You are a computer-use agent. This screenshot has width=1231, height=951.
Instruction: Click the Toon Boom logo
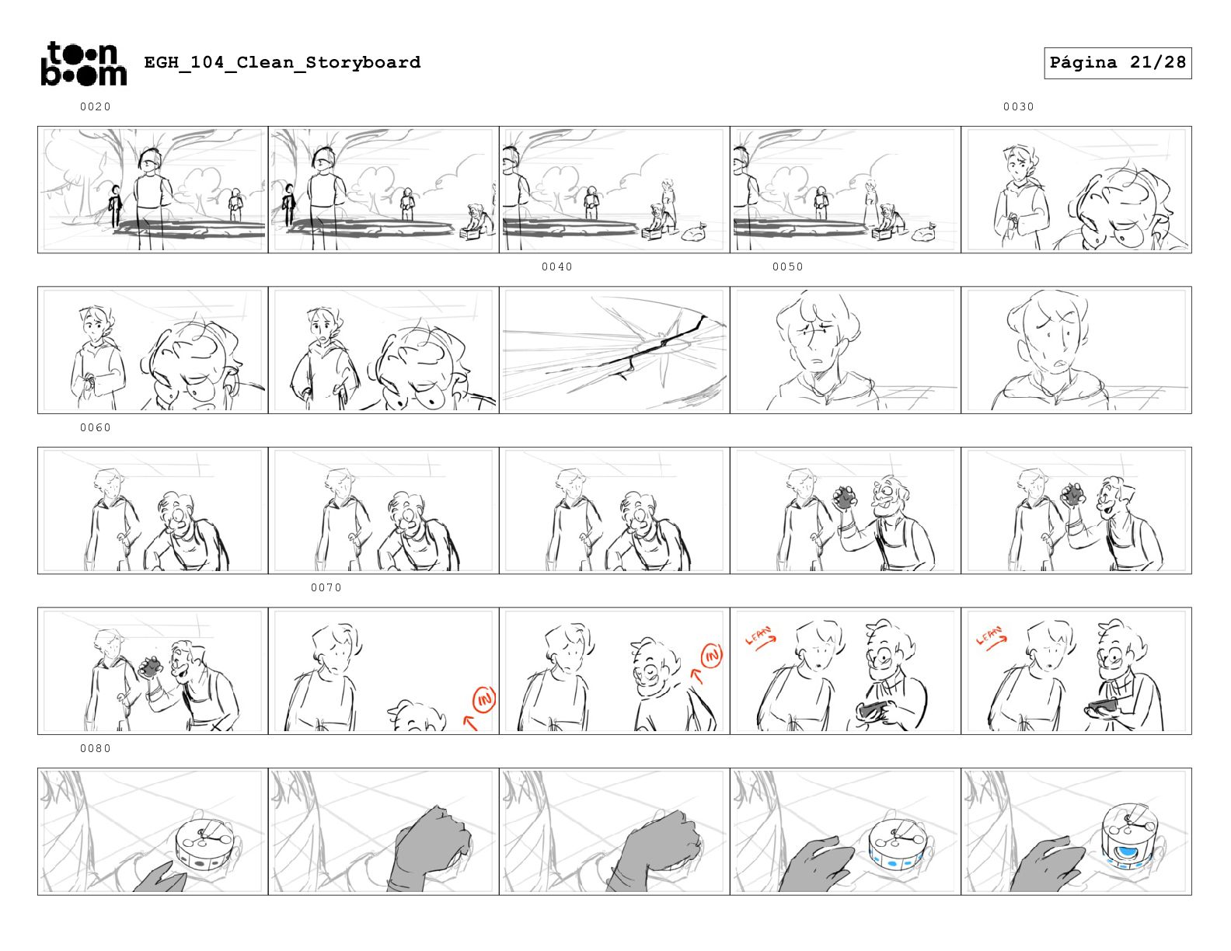coord(84,64)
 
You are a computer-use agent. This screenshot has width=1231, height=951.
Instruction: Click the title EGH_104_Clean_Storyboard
coord(282,62)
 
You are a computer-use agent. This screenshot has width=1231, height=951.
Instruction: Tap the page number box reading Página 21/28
coord(1117,63)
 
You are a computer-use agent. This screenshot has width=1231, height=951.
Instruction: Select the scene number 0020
coord(95,106)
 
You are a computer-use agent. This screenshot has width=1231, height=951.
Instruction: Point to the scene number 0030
coord(1018,106)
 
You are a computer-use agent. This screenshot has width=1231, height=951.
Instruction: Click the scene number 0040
coord(557,266)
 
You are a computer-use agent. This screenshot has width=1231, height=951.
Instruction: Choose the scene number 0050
coord(787,266)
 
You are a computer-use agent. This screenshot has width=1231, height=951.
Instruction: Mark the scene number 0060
coord(95,427)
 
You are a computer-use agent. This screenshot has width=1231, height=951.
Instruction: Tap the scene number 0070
coord(326,588)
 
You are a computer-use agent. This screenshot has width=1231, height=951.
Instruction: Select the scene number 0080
coord(95,748)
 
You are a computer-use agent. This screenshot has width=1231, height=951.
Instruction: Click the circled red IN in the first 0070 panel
coord(484,700)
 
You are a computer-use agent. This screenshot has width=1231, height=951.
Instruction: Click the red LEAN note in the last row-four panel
coord(991,637)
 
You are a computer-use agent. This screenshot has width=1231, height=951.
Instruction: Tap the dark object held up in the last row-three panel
coord(1073,494)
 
